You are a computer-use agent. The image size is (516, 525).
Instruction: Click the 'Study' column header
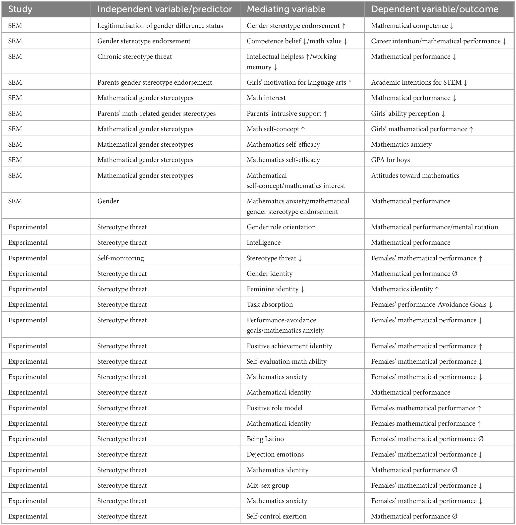pyautogui.click(x=20, y=9)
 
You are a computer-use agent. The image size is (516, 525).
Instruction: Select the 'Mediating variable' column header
pyautogui.click(x=286, y=9)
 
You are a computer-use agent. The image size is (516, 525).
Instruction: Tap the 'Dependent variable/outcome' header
pyautogui.click(x=434, y=9)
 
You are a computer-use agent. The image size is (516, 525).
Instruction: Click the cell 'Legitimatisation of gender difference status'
pyautogui.click(x=160, y=26)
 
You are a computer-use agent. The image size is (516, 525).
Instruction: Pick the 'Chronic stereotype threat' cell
pyautogui.click(x=134, y=57)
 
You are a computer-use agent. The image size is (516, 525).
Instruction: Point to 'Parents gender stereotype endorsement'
pyautogui.click(x=155, y=82)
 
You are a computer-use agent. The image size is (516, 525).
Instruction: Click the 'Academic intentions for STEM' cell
pyautogui.click(x=416, y=82)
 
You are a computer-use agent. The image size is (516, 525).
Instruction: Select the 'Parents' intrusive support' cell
pyautogui.click(x=284, y=114)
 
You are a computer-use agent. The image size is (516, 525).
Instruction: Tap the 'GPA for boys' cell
pyautogui.click(x=390, y=160)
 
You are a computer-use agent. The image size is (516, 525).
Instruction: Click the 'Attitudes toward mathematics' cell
pyautogui.click(x=415, y=176)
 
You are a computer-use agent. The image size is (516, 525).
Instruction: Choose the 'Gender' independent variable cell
pyautogui.click(x=108, y=201)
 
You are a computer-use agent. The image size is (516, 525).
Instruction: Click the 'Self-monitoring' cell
pyautogui.click(x=120, y=258)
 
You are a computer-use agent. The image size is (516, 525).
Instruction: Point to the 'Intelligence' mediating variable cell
pyautogui.click(x=263, y=242)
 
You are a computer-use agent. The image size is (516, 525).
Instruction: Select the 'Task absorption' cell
pyautogui.click(x=269, y=304)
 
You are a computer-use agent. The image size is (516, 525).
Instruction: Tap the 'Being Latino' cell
pyautogui.click(x=265, y=439)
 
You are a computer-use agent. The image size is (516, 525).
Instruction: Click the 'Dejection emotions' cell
pyautogui.click(x=275, y=454)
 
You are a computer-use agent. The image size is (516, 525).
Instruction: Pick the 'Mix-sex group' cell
pyautogui.click(x=268, y=485)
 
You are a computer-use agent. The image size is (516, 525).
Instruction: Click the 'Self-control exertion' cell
pyautogui.click(x=277, y=516)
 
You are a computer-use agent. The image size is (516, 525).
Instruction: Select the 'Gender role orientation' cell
pyautogui.click(x=281, y=227)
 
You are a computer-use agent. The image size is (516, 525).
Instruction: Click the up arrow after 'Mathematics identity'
pyautogui.click(x=437, y=289)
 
